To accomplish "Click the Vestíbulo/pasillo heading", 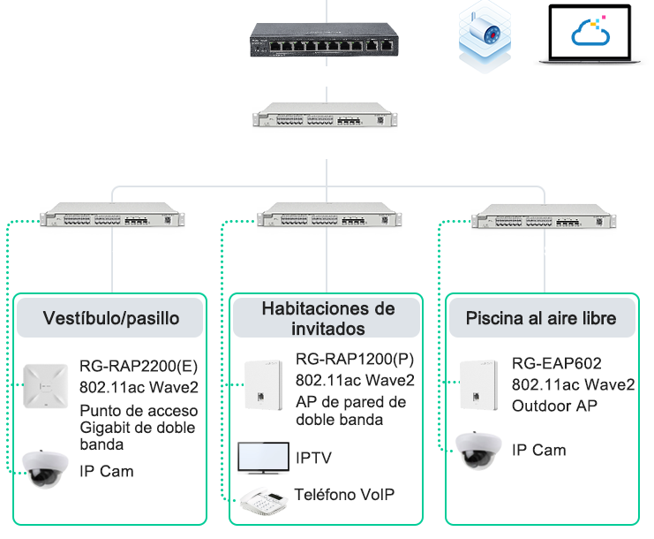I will point(111,318).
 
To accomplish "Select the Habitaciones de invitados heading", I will point(327,318).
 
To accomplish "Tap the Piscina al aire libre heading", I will point(541,318).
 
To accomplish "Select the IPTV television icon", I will point(263,458).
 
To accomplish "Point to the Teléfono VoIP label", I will point(344,495).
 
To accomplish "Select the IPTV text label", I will point(314,458).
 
